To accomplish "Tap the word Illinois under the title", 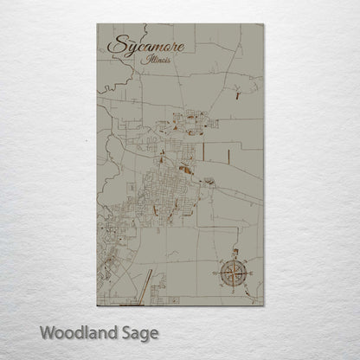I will [x=159, y=62].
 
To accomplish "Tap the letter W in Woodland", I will [x=48, y=331].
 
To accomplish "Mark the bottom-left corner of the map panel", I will [x=97, y=305].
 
